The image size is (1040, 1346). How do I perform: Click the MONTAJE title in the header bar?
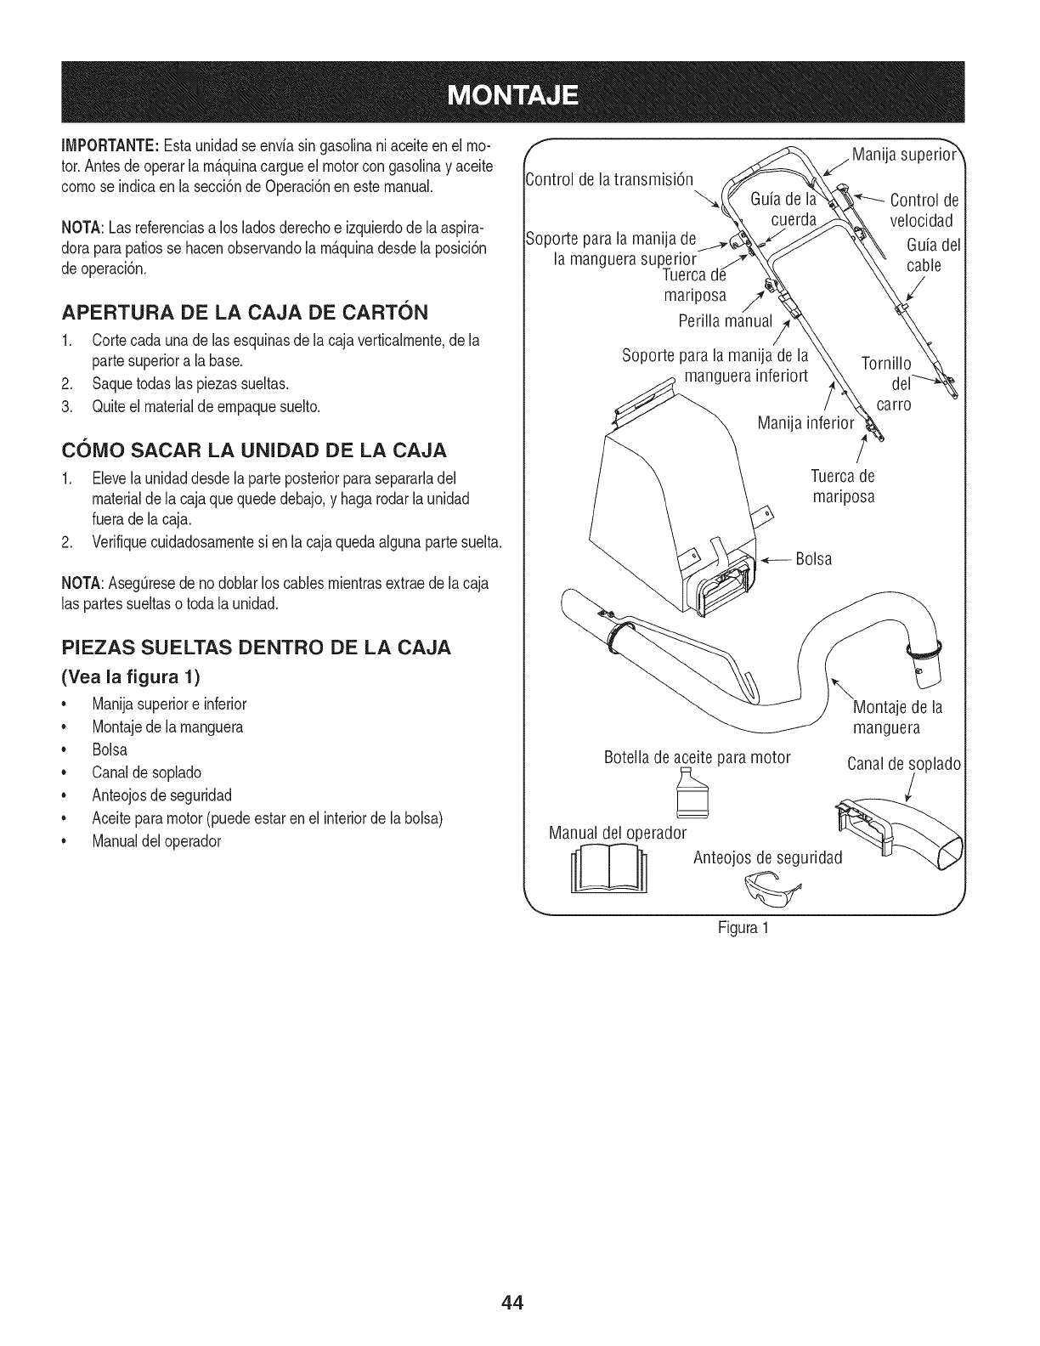[519, 93]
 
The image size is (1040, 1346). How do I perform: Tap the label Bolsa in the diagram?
[814, 559]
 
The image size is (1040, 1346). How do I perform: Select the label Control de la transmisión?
[609, 179]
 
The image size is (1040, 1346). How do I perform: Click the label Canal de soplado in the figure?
[904, 763]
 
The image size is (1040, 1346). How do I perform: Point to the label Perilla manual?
[726, 321]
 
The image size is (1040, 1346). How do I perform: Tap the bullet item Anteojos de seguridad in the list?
[162, 795]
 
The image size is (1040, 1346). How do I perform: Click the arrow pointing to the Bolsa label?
[775, 560]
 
